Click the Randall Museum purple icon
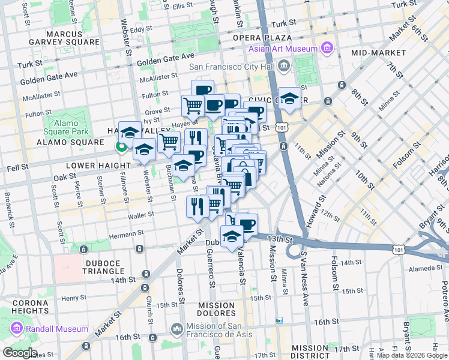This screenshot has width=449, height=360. pyautogui.click(x=16, y=329)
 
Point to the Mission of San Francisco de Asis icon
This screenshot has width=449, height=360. pyautogui.click(x=177, y=329)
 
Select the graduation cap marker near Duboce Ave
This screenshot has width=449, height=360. pyautogui.click(x=232, y=236)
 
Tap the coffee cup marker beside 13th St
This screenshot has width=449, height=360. pyautogui.click(x=246, y=224)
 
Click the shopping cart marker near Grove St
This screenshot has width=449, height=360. pyautogui.click(x=193, y=106)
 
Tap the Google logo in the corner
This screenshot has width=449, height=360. pyautogui.click(x=20, y=353)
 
